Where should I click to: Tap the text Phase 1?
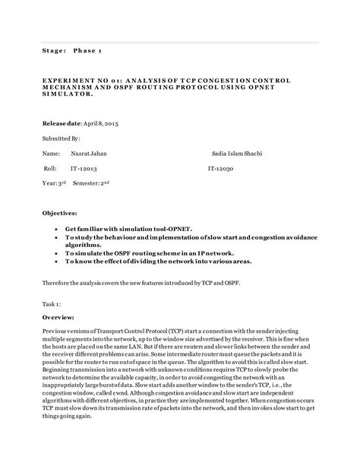click(x=90, y=51)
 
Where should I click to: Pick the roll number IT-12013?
click(x=84, y=168)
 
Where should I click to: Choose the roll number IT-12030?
click(x=221, y=168)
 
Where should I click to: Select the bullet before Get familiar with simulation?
click(x=58, y=228)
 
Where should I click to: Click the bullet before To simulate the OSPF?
click(x=58, y=252)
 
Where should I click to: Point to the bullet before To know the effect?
click(x=58, y=261)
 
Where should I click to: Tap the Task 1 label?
click(x=52, y=302)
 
